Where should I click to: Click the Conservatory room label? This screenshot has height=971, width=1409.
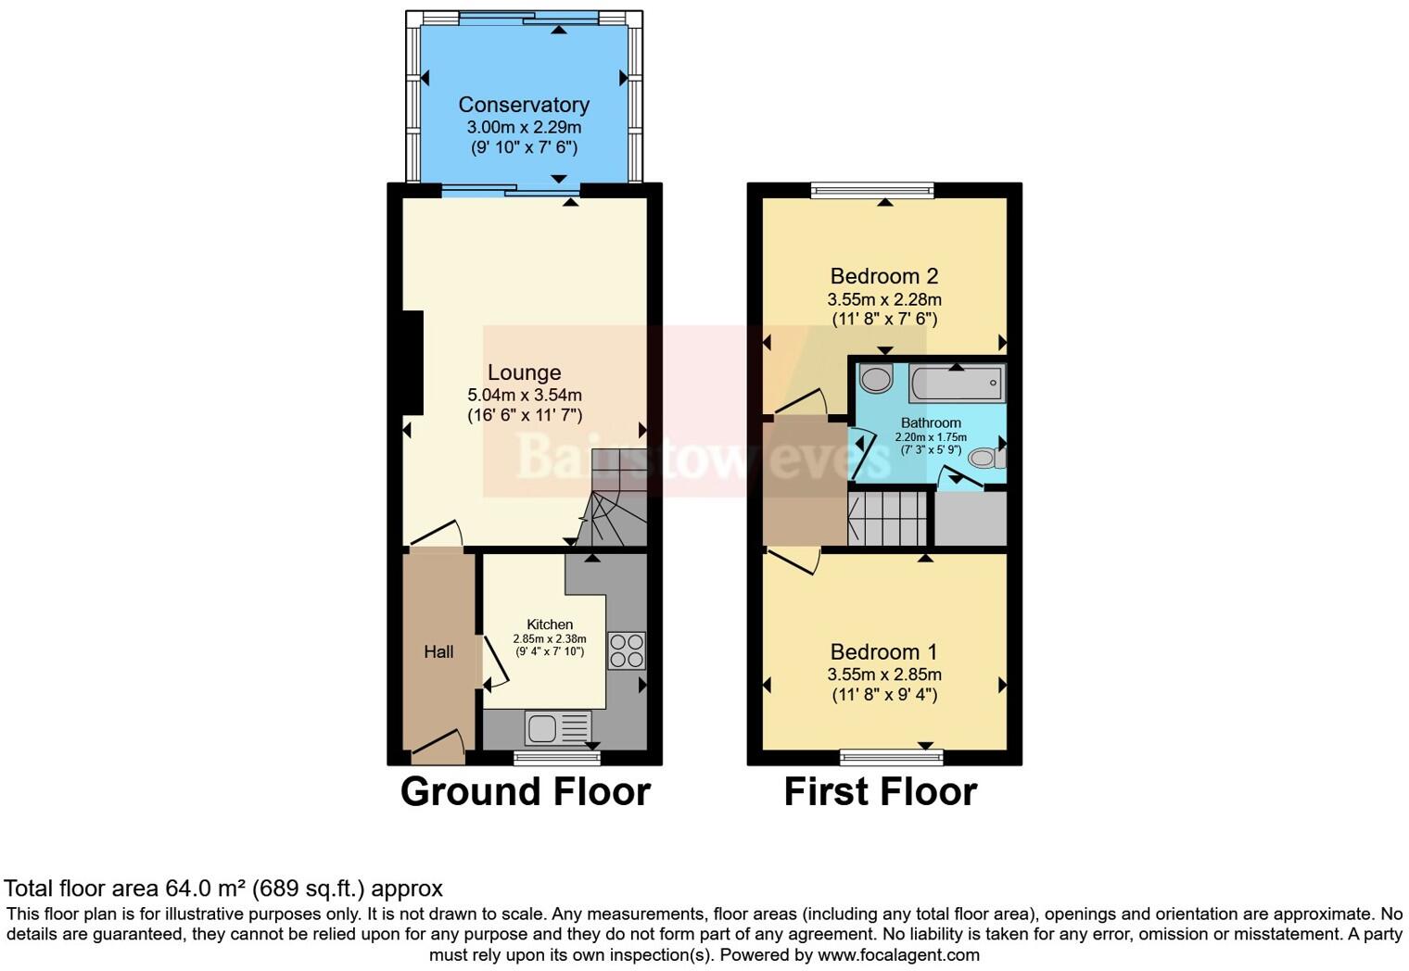523,105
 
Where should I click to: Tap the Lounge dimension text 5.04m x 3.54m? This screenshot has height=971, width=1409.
525,395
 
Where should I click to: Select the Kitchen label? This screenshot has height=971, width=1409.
550,624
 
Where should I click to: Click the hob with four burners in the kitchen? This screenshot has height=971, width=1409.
626,649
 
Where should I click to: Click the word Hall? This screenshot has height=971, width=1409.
438,652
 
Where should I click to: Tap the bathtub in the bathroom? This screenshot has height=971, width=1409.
956,383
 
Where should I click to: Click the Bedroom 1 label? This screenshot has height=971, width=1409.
883,651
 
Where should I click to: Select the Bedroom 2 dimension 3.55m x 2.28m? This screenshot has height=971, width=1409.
883,299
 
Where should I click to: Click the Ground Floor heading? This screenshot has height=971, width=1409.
525,792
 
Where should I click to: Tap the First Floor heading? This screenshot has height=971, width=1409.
880,792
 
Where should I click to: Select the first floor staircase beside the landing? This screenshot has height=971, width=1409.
887,519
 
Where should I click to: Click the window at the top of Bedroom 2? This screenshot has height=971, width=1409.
871,190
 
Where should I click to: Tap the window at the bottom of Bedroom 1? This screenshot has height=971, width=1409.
891,758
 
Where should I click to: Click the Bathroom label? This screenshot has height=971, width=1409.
930,422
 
